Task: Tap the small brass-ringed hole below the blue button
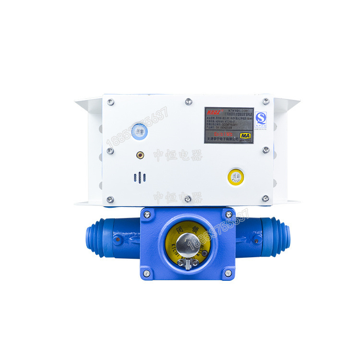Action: (x=140, y=155)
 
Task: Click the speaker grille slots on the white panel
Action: (x=139, y=178)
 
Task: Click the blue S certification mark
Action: (x=261, y=118)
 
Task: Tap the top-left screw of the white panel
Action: (x=110, y=102)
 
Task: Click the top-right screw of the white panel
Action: (x=265, y=101)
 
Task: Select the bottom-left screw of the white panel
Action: (x=110, y=199)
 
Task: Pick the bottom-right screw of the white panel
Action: (x=265, y=198)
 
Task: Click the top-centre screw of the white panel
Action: (x=188, y=101)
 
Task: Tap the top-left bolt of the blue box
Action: (x=147, y=214)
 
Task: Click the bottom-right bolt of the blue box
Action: (x=228, y=273)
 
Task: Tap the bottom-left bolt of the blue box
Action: (x=147, y=273)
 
